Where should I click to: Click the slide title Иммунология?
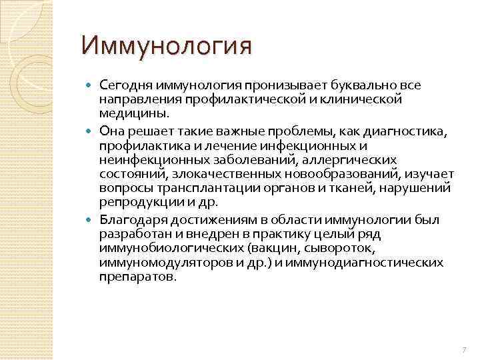pos(167,47)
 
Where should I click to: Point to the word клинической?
pos(369,99)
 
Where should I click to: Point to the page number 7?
pos(463,350)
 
